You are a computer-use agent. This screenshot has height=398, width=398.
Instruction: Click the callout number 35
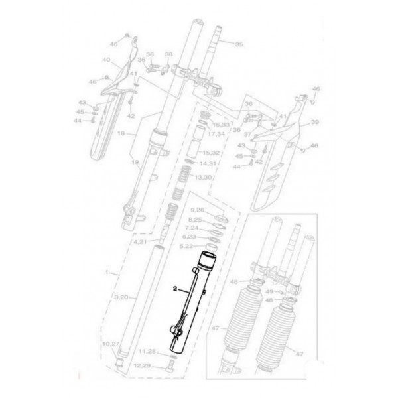[239, 44]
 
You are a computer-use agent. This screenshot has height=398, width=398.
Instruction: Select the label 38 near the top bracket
[168, 54]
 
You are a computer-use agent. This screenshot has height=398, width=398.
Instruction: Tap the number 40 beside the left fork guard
[105, 60]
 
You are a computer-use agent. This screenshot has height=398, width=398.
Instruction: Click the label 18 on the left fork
[121, 133]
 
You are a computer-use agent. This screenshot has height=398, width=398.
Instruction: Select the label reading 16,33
[221, 124]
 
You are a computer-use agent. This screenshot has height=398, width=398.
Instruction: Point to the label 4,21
[141, 243]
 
